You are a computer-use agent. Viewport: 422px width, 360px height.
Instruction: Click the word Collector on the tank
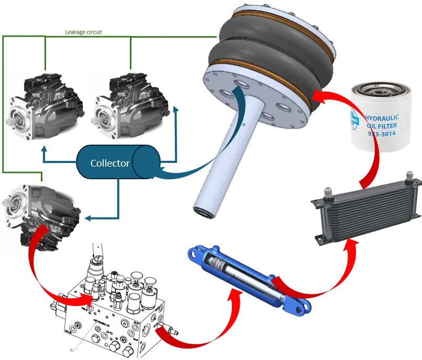click(x=110, y=163)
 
